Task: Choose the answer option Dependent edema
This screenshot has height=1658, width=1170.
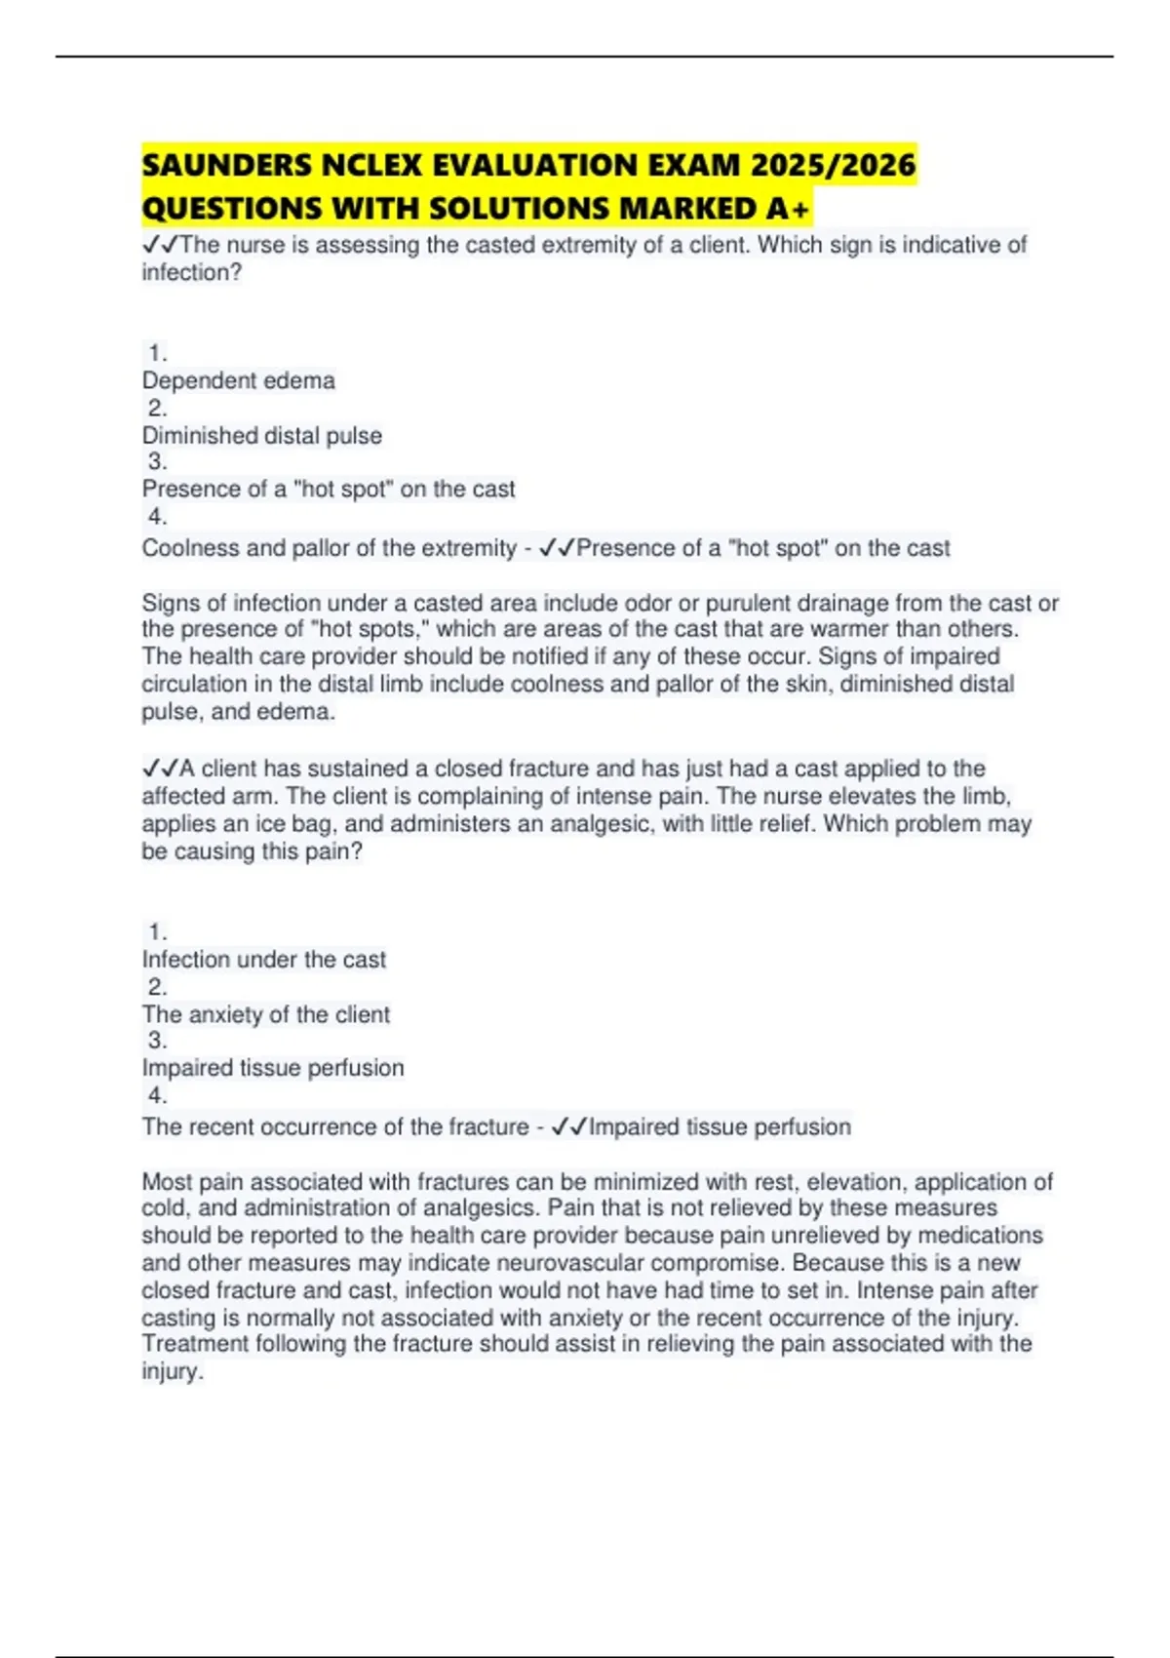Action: [239, 380]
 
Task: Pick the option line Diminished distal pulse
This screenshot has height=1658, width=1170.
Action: [262, 435]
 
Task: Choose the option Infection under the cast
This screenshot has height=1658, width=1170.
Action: [264, 960]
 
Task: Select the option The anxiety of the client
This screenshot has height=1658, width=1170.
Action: [266, 1014]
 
